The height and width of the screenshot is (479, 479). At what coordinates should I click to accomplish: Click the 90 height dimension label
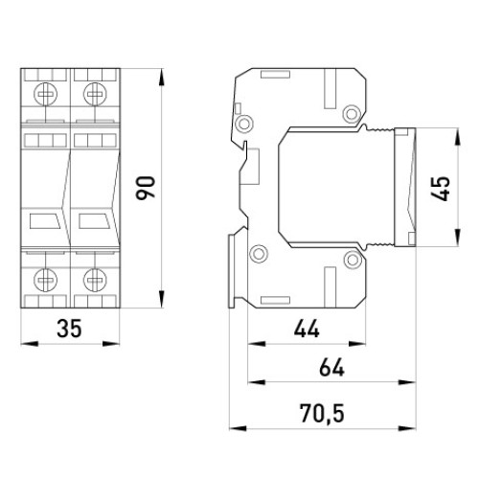[146, 188]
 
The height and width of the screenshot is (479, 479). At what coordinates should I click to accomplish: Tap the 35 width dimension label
[69, 329]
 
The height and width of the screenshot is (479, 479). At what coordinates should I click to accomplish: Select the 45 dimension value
[440, 188]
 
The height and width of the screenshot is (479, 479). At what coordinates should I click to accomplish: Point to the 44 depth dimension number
[307, 329]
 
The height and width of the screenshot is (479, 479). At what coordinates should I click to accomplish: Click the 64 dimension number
[331, 367]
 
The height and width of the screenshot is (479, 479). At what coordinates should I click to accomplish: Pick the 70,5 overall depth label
[322, 413]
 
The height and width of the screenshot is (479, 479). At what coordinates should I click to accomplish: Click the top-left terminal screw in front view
[45, 94]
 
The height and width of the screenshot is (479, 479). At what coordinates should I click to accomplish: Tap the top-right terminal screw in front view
[95, 94]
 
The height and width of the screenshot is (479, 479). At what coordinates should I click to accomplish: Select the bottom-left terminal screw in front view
[45, 280]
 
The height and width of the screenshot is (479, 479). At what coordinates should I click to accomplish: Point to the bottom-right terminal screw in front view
[95, 280]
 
